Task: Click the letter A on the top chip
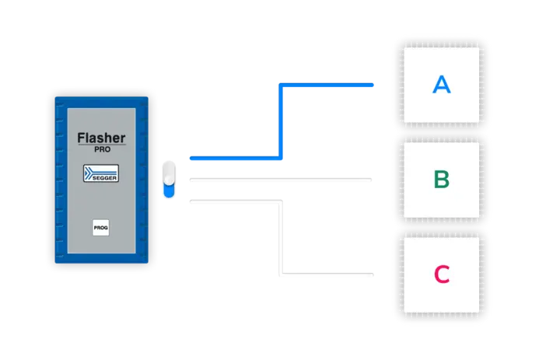click(441, 85)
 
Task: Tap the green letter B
click(441, 180)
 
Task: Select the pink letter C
click(441, 274)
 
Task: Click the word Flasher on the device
click(101, 138)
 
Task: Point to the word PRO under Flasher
click(101, 149)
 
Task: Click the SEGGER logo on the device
click(101, 173)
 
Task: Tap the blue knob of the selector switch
click(169, 187)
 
